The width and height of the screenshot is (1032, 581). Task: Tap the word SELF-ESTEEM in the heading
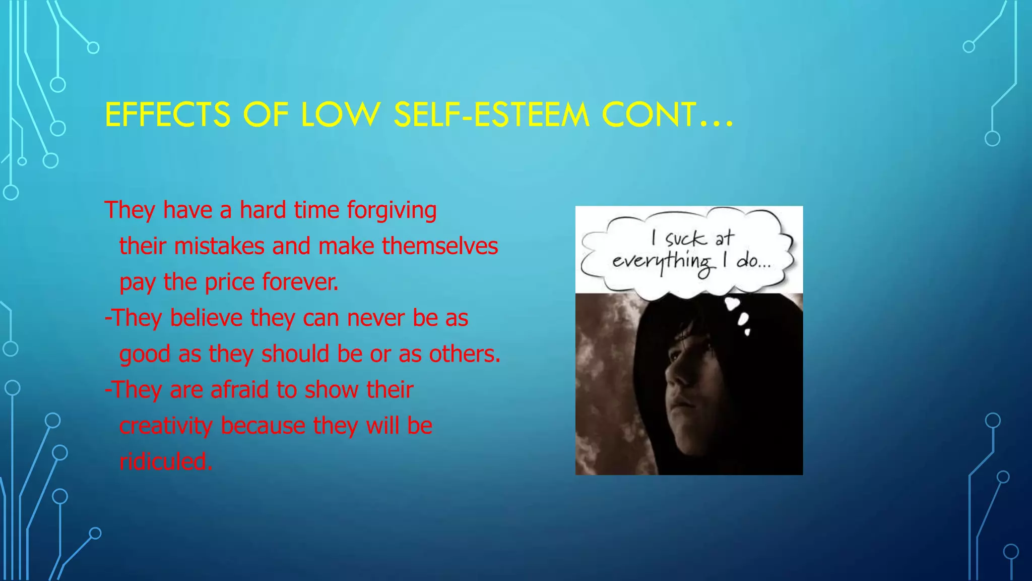click(x=491, y=114)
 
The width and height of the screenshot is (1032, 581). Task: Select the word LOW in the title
click(x=340, y=114)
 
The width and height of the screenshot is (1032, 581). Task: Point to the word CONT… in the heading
click(x=667, y=114)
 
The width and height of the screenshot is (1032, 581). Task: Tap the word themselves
click(x=440, y=246)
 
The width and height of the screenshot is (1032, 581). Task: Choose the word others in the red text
click(x=464, y=354)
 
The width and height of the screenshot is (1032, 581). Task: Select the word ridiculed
click(x=166, y=461)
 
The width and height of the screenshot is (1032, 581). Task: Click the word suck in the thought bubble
click(x=685, y=238)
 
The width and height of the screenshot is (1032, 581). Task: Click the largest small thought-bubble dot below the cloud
click(x=732, y=304)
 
